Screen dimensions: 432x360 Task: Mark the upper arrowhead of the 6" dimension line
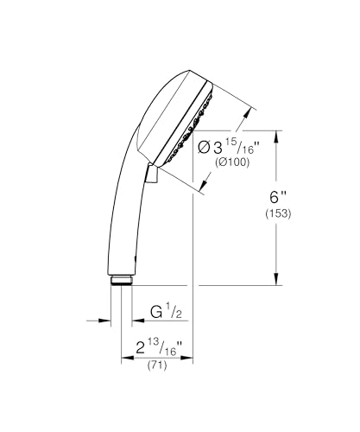point(277,134)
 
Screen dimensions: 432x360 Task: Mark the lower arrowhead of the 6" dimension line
point(277,281)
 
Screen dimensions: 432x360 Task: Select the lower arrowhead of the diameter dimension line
point(204,187)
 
